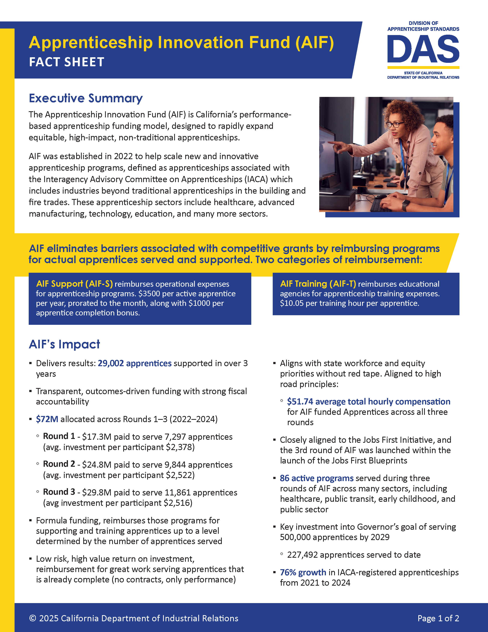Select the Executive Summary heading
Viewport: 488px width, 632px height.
click(x=86, y=98)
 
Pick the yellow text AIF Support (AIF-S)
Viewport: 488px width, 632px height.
click(x=74, y=284)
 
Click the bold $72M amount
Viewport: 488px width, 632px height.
click(x=47, y=419)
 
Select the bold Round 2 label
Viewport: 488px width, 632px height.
click(x=59, y=464)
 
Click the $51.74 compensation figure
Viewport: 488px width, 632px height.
click(x=300, y=402)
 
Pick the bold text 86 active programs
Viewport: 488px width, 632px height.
click(x=317, y=478)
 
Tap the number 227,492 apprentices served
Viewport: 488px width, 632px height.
click(x=302, y=555)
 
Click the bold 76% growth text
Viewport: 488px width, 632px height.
click(x=303, y=573)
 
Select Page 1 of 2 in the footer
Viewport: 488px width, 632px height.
click(x=438, y=618)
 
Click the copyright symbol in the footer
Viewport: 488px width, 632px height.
click(x=33, y=618)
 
